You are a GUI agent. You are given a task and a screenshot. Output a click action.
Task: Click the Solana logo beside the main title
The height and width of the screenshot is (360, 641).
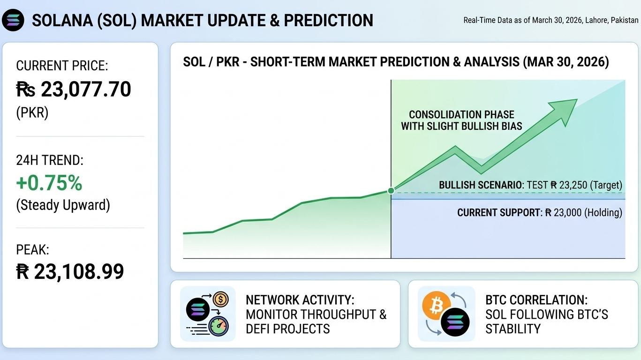[13, 20]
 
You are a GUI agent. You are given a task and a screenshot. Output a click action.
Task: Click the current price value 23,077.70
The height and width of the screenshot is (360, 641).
[86, 89]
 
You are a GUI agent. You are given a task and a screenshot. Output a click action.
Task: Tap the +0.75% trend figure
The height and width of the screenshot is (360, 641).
[49, 183]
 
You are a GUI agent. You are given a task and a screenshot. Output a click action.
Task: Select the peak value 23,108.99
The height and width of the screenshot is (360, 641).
[79, 271]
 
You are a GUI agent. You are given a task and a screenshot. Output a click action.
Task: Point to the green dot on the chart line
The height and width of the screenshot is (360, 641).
[391, 191]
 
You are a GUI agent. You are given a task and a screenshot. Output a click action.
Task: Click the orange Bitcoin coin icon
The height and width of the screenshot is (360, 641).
[436, 305]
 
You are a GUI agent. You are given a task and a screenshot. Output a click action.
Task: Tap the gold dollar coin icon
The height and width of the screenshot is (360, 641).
[221, 300]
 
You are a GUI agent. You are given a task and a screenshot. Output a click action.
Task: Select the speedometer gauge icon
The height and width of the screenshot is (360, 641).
[219, 326]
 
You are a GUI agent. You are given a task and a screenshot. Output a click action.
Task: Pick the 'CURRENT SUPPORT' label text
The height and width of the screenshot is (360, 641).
[498, 213]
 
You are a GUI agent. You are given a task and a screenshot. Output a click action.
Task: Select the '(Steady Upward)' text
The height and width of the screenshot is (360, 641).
[63, 205]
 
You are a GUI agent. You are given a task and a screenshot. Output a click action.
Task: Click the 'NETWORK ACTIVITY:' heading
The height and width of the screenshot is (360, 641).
[300, 300]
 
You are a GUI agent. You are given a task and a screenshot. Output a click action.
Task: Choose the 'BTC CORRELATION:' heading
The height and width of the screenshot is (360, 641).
[536, 300]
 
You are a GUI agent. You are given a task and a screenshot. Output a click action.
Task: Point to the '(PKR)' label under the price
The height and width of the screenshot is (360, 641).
[32, 113]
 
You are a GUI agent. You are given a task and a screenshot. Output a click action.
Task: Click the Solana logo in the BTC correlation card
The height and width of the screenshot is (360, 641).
[455, 322]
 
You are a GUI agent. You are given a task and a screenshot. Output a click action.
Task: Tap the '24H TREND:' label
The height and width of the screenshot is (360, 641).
[50, 160]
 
